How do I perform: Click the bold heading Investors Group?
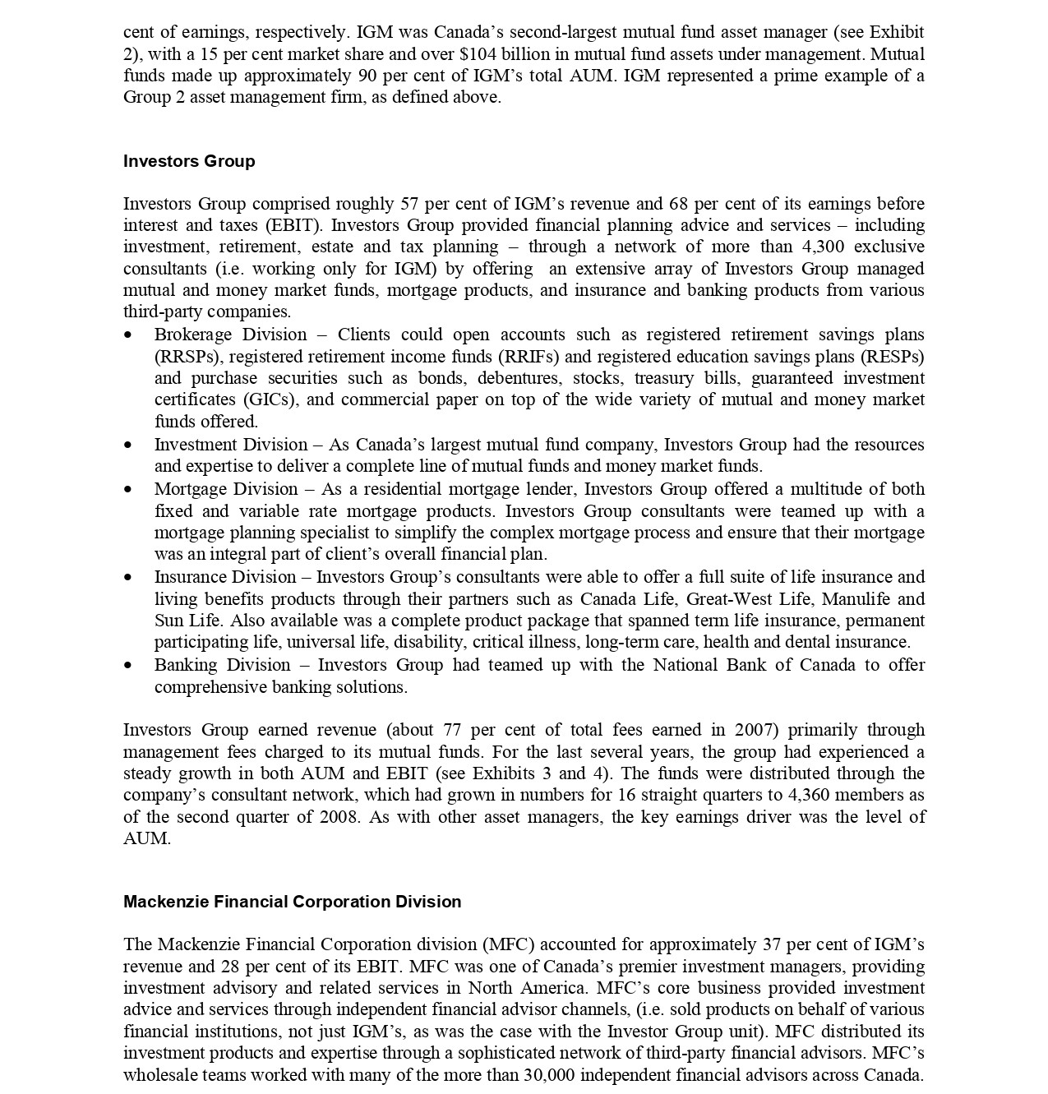tap(189, 161)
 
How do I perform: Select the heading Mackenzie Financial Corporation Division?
tap(292, 902)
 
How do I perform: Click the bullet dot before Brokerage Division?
tap(127, 335)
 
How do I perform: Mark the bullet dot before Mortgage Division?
tap(127, 490)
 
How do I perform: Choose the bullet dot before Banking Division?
tap(127, 666)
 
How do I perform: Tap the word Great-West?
tap(731, 599)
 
